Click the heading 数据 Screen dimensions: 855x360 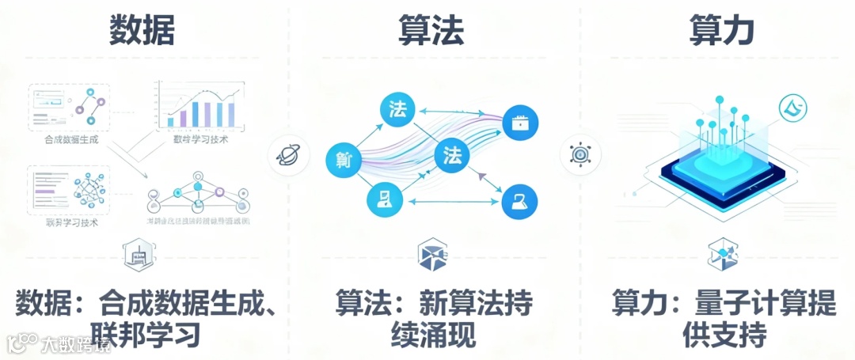point(142,30)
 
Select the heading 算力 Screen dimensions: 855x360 point(720,30)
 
